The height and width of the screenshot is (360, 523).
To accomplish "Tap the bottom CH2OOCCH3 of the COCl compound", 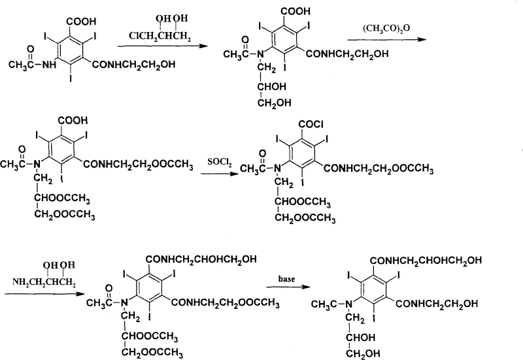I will click(307, 219).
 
